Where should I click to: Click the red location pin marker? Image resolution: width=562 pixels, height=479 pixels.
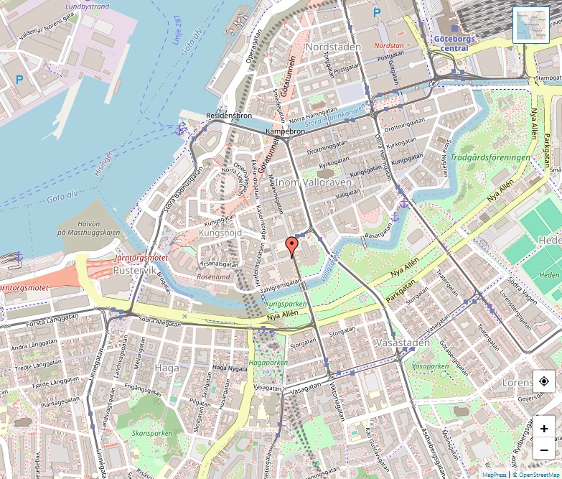tap(291, 246)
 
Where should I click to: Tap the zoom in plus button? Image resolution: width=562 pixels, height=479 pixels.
tap(544, 429)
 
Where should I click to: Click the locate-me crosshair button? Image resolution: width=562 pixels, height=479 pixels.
tap(544, 381)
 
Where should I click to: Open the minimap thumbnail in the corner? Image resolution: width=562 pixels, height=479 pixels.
tap(530, 25)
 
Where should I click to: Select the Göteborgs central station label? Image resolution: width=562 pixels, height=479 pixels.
tap(451, 43)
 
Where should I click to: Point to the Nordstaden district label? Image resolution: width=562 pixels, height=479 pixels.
tap(333, 47)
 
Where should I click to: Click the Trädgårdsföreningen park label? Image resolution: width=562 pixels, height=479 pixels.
tap(491, 157)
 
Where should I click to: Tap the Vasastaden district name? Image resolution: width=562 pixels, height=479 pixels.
tap(402, 343)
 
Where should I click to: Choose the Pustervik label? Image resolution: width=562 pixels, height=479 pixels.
tap(134, 271)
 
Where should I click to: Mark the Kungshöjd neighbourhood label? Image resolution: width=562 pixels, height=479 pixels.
tap(221, 233)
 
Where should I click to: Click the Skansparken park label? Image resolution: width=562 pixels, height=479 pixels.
tap(152, 433)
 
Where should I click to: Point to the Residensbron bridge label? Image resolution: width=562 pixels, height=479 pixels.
tap(228, 115)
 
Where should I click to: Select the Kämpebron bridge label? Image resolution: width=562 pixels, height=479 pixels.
tap(285, 132)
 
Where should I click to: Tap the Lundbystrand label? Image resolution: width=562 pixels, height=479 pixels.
tap(87, 6)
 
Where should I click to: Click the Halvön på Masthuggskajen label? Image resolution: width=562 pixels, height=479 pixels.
tap(88, 228)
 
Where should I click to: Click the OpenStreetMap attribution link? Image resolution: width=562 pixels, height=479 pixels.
tap(537, 475)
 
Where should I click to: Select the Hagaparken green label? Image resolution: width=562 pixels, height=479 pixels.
tap(268, 363)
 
